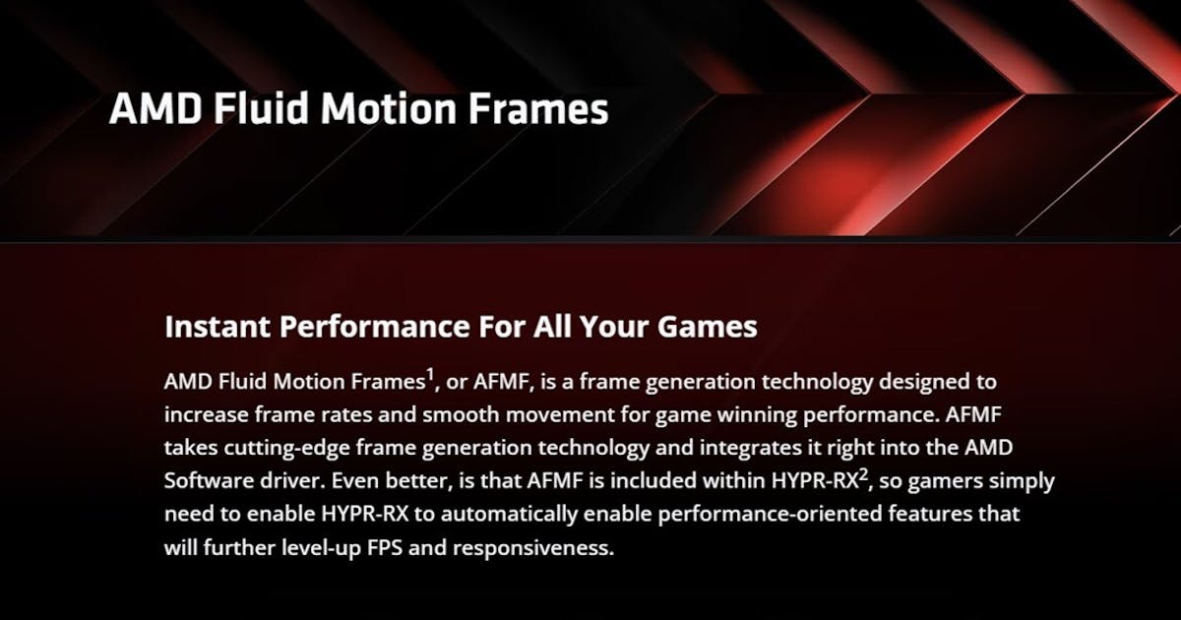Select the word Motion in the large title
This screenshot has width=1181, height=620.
point(383,109)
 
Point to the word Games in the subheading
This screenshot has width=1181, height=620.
point(713,327)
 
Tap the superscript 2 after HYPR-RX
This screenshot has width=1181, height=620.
point(863,474)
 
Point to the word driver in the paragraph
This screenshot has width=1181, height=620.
point(292,481)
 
